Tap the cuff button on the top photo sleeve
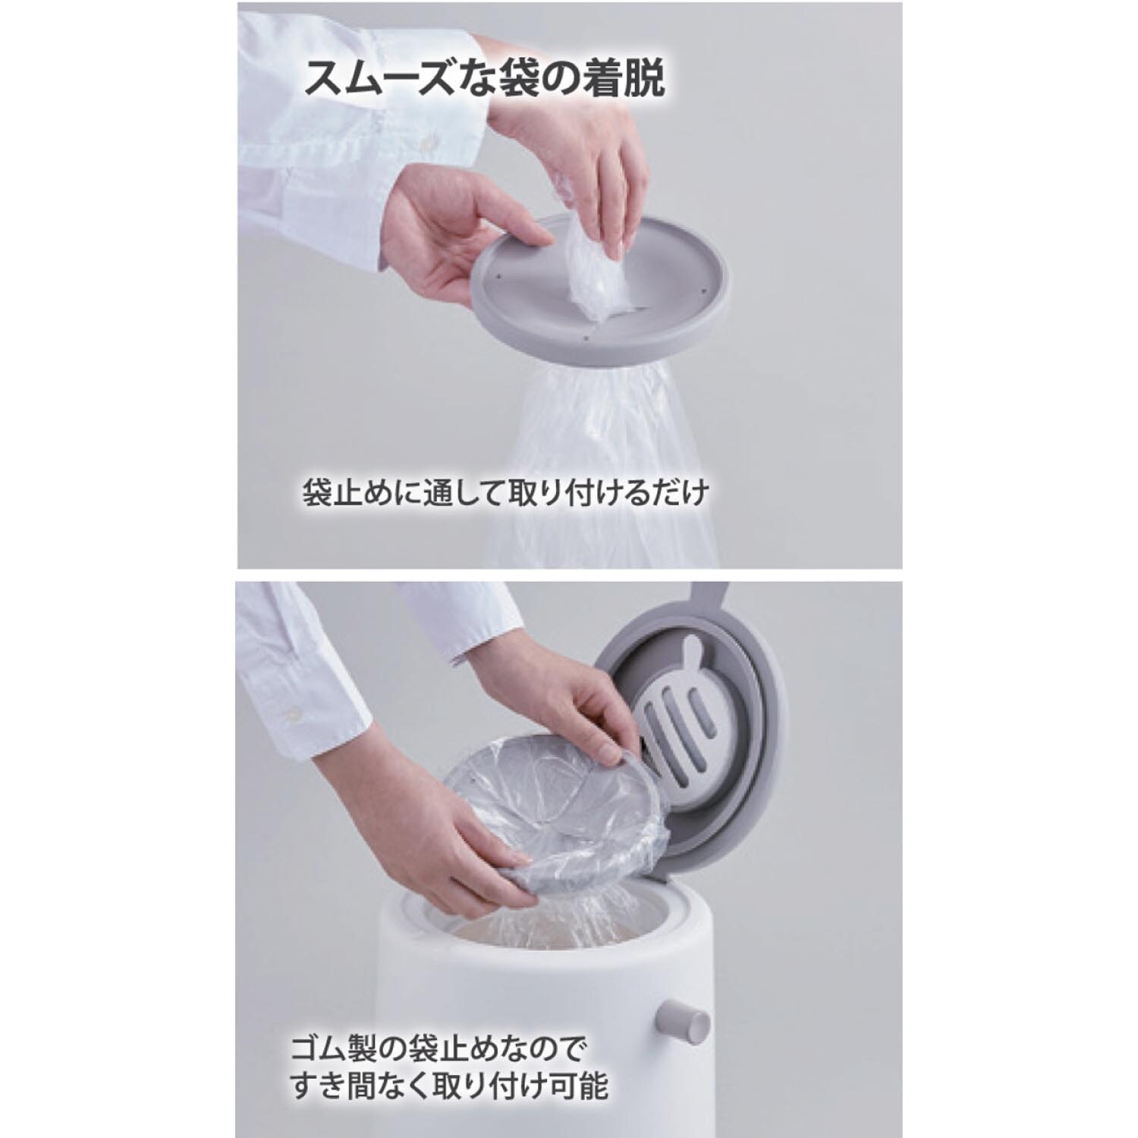coord(430,142)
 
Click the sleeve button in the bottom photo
coord(290,713)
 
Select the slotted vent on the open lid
coord(683,721)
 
